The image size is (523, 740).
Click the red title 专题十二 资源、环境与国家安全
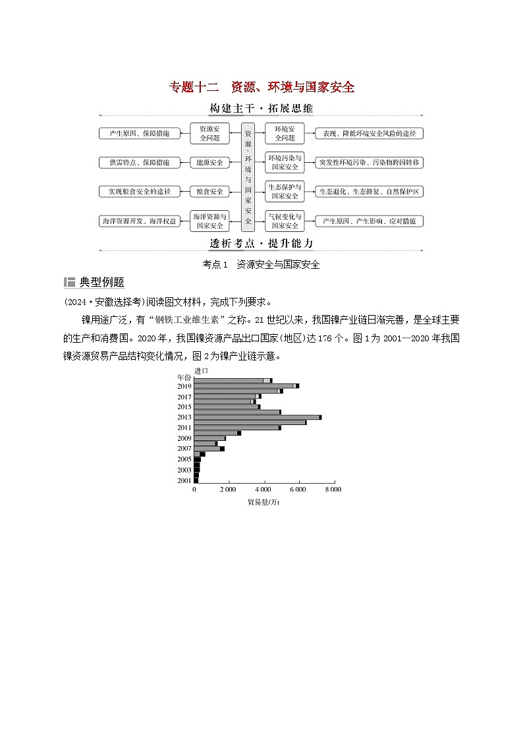(262, 87)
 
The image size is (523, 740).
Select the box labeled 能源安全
(209, 162)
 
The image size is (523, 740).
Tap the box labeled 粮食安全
(209, 191)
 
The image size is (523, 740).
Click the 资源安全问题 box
(209, 133)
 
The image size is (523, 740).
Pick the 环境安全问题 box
(285, 133)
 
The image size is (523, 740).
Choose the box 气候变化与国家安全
(285, 221)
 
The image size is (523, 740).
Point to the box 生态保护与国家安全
(285, 191)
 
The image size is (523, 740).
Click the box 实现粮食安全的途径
(139, 191)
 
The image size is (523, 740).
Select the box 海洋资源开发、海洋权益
(139, 221)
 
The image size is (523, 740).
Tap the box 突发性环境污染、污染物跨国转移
(369, 162)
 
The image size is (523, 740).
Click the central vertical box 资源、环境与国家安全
(248, 176)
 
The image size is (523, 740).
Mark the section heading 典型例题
(102, 282)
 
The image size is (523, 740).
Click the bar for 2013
(257, 417)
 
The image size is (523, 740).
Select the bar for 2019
(246, 386)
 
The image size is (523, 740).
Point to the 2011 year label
(184, 428)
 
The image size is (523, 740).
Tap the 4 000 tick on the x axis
(263, 490)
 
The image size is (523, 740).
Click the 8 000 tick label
(333, 490)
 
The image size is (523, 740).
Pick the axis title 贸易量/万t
(263, 503)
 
